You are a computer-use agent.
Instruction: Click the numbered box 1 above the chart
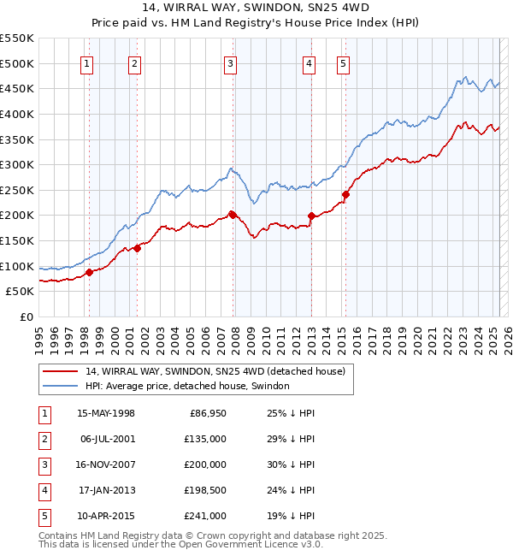click(x=88, y=62)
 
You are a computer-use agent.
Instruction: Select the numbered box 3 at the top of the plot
click(x=231, y=62)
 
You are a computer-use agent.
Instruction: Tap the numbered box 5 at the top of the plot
click(x=343, y=62)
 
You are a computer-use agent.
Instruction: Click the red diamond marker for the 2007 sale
click(x=233, y=214)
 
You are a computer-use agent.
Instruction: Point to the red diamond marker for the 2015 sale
click(x=346, y=194)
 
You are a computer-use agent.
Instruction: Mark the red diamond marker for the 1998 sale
click(x=89, y=272)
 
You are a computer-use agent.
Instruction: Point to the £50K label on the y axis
click(x=21, y=292)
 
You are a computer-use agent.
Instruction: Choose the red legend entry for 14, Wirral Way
click(x=215, y=371)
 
